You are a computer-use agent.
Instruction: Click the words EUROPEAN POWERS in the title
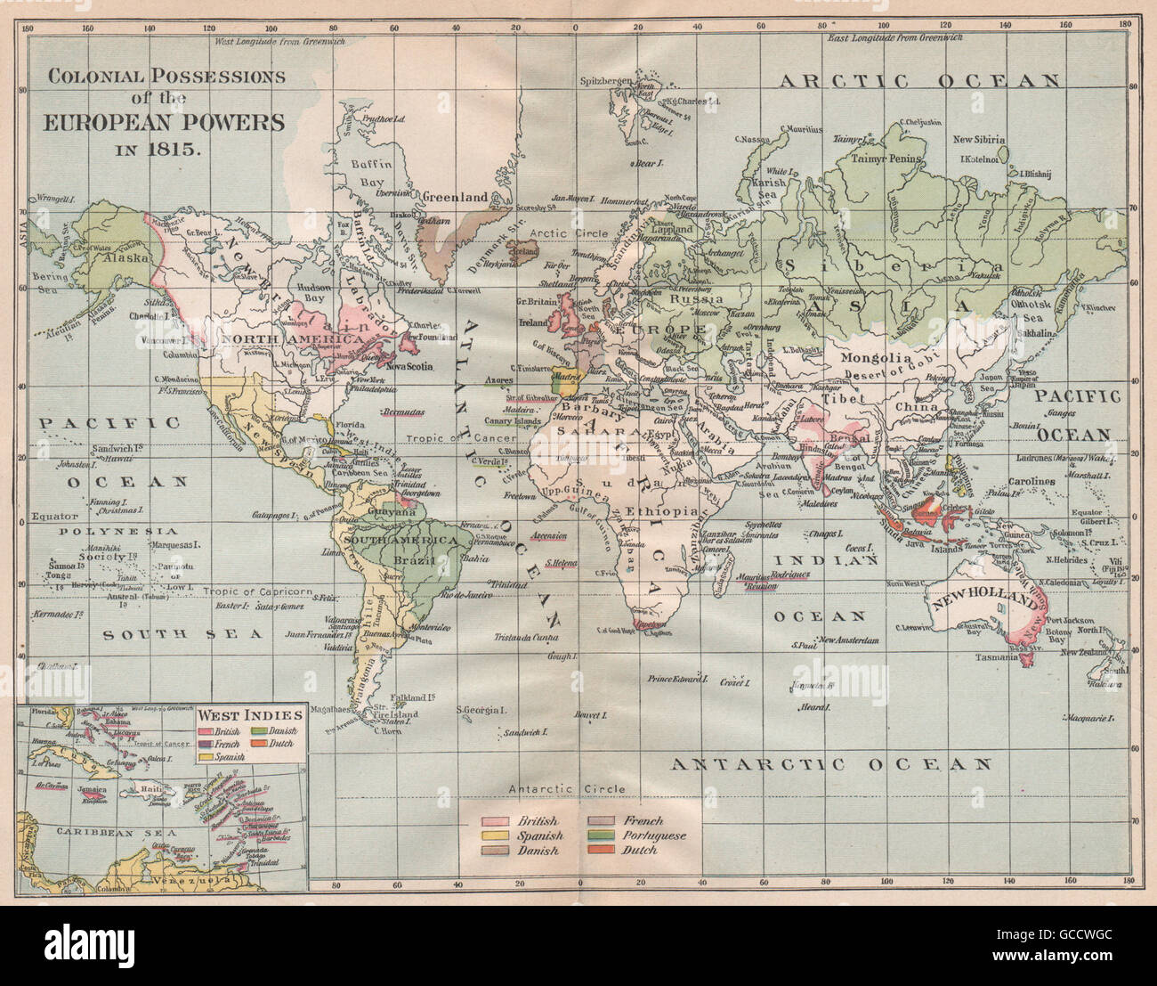[x=166, y=122]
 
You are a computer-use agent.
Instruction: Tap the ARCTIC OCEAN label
[x=920, y=81]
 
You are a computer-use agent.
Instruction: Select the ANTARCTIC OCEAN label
[x=830, y=764]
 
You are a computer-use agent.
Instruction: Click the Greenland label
[x=455, y=197]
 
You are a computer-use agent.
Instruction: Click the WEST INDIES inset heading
[x=249, y=714]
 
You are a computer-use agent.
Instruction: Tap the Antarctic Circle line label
[x=567, y=789]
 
